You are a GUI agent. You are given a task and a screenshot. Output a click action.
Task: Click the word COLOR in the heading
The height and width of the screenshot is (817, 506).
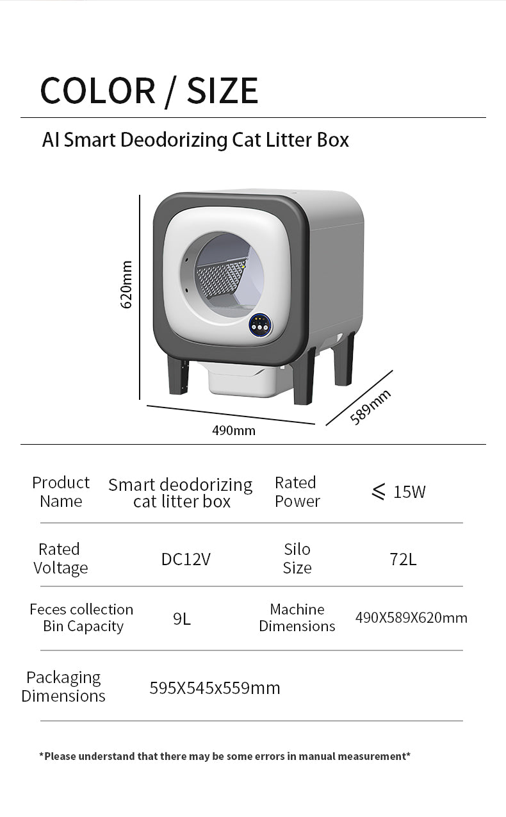click(98, 90)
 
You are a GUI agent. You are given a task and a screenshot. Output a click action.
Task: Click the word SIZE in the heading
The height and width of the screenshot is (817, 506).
click(222, 90)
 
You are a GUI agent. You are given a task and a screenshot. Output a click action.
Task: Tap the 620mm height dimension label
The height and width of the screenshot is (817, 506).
click(126, 285)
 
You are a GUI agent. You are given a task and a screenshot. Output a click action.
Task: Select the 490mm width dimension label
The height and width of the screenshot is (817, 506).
click(234, 431)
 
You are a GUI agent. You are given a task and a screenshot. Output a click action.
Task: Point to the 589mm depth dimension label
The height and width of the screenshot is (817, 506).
click(370, 408)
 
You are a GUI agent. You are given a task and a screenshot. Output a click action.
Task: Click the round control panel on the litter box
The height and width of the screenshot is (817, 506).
click(260, 326)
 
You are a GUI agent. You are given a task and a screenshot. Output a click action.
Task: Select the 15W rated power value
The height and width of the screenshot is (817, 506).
click(398, 491)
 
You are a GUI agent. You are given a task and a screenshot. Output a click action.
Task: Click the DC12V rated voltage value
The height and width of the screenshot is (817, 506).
click(186, 559)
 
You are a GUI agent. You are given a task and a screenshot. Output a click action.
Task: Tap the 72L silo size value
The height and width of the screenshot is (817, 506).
click(403, 559)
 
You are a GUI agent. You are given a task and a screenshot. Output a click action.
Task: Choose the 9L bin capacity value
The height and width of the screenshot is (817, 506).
click(182, 618)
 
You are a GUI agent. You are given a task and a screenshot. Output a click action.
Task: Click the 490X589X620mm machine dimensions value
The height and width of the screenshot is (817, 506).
click(411, 618)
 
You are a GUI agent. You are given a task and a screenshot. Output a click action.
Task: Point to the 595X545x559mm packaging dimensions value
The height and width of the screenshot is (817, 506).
click(215, 688)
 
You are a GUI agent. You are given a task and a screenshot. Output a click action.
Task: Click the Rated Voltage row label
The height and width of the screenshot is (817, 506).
click(60, 558)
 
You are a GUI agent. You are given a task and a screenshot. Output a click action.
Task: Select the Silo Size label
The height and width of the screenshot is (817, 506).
click(297, 558)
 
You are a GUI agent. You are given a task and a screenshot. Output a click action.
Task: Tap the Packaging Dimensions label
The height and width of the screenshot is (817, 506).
click(63, 686)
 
